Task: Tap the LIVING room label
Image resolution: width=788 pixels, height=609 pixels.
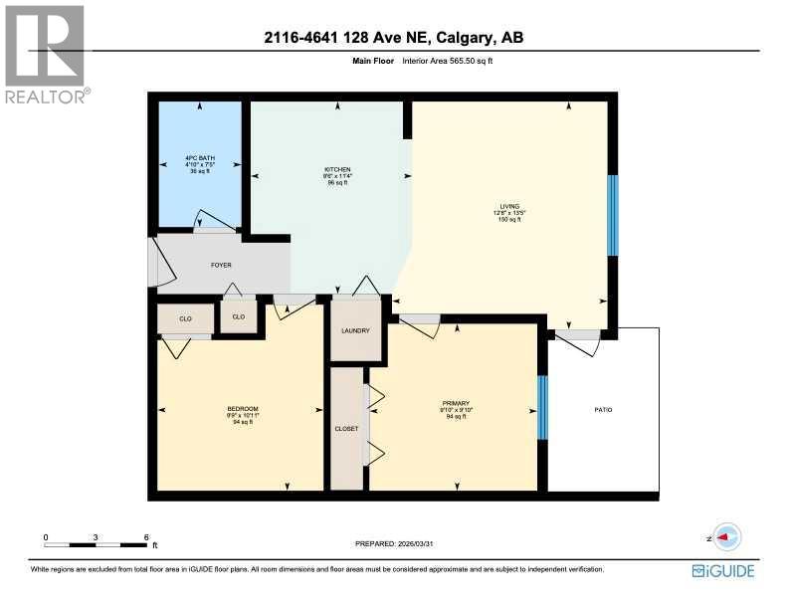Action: point(509,206)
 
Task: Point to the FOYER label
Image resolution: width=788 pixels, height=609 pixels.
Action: point(221,266)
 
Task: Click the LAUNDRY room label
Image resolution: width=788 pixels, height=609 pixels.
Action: point(355,331)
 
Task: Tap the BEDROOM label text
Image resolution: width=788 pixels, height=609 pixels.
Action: point(243,409)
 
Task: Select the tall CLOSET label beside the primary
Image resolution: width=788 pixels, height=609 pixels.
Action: point(346,428)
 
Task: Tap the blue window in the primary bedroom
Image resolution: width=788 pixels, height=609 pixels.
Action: point(542,407)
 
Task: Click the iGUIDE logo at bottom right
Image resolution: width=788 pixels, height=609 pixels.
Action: point(723,571)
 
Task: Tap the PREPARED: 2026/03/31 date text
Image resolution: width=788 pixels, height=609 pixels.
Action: point(395,543)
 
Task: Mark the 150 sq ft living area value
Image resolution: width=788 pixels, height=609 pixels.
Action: point(509,219)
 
